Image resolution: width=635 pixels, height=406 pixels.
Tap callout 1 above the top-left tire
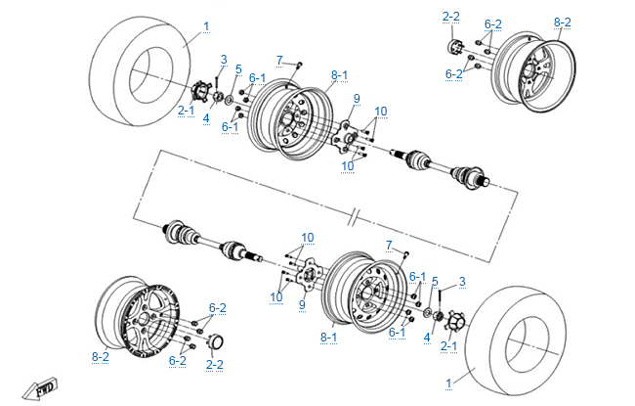coord(206,25)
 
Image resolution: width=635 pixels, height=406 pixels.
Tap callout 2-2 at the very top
coord(451,17)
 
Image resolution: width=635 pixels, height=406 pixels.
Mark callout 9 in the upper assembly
coord(357,99)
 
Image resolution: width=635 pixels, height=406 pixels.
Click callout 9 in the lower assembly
coord(302,304)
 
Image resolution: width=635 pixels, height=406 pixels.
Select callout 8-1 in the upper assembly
coord(339,74)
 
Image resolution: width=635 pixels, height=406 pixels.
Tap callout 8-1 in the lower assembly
coord(329,337)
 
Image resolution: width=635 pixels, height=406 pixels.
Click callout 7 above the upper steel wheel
coord(279,61)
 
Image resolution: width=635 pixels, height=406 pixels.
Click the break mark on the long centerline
coord(359,214)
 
